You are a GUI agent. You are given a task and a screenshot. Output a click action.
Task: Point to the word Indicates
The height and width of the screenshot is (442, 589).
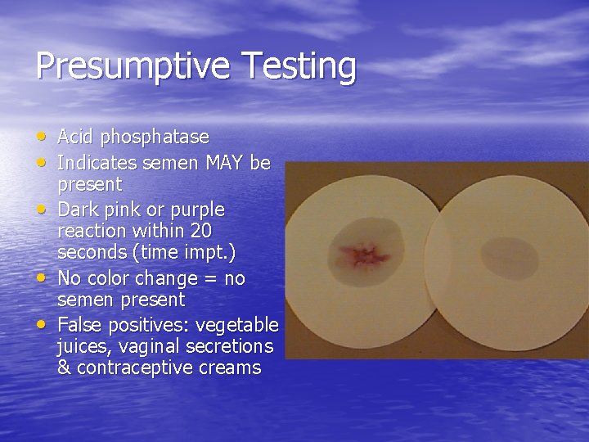[97, 162]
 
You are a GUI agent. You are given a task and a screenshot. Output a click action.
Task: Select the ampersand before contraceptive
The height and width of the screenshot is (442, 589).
[64, 368]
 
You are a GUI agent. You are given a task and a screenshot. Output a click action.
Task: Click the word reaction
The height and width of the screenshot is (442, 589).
[92, 232]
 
